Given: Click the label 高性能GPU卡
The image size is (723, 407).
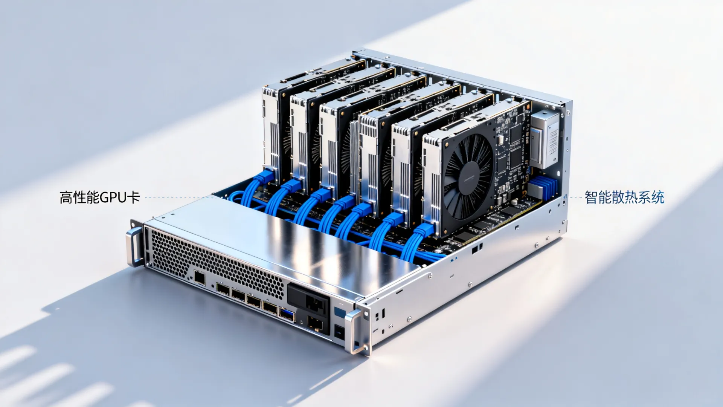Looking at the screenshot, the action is click(x=100, y=197).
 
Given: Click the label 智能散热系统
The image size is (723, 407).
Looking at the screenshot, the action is click(x=624, y=197).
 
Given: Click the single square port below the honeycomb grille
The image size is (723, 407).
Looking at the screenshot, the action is click(x=199, y=278).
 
